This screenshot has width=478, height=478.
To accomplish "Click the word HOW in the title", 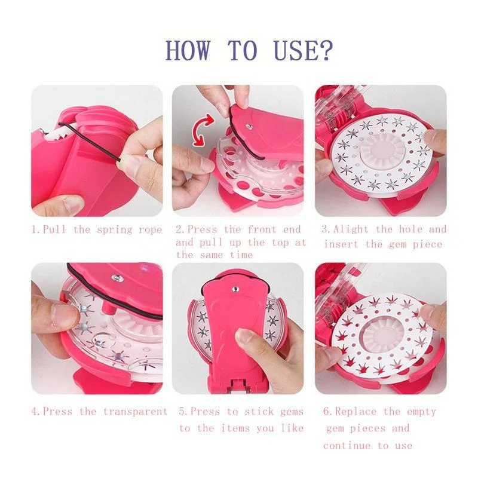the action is (x=188, y=50).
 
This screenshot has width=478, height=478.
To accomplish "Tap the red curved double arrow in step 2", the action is (x=203, y=130).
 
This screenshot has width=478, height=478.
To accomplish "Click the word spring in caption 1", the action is (x=115, y=230).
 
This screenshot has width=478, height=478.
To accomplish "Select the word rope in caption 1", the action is (x=150, y=230).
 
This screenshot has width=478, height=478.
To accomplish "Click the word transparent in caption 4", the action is (x=136, y=412).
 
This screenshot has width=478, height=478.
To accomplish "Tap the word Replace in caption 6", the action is (x=356, y=412).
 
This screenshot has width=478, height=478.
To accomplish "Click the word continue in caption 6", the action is (x=347, y=446).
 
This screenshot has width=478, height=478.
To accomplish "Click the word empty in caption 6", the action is (x=421, y=412).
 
